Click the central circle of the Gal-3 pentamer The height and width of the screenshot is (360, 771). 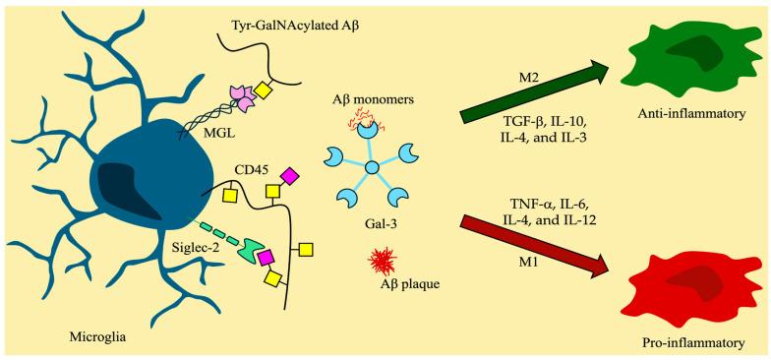pos(372,171)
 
